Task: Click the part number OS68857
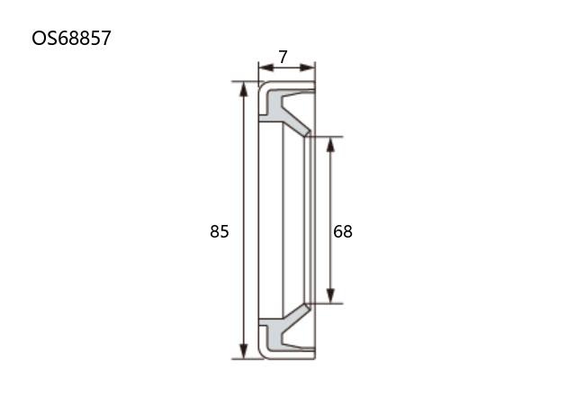coord(71,38)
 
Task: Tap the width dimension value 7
coord(283,57)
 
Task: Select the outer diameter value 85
coord(220,231)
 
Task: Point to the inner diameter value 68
coord(343,231)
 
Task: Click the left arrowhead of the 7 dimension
coord(266,67)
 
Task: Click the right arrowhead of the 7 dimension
coord(308,67)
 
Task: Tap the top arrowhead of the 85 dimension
coord(243,89)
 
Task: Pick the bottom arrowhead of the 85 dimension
coord(243,351)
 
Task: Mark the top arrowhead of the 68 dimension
coord(330,144)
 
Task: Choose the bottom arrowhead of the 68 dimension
coord(330,296)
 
